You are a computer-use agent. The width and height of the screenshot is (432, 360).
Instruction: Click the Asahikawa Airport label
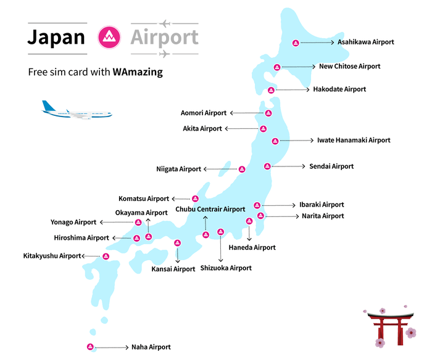tap(365, 43)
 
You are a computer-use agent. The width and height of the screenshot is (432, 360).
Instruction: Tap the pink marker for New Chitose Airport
tap(278, 67)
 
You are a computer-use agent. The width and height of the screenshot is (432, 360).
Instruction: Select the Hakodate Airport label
tap(339, 89)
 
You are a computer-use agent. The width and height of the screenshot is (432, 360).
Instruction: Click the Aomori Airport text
tap(204, 113)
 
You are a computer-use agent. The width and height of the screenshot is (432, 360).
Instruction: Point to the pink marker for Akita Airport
tap(264, 129)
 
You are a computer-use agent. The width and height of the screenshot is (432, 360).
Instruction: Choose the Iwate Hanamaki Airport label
tap(354, 141)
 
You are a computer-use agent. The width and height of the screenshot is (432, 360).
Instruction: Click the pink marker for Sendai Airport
tap(267, 166)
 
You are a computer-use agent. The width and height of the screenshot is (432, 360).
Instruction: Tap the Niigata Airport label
tap(179, 169)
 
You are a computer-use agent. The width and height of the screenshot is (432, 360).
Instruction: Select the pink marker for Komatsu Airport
tap(195, 198)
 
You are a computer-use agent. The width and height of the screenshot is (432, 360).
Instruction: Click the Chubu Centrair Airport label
tap(210, 210)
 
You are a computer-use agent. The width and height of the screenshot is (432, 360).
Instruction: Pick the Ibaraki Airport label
tap(322, 205)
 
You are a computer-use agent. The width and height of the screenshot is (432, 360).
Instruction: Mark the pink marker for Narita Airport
tap(260, 216)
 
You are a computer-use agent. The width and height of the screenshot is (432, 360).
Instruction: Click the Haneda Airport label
tap(252, 248)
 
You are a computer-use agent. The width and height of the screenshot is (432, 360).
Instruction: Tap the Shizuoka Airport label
tap(226, 268)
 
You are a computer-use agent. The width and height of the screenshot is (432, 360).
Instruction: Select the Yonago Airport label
tap(73, 222)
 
